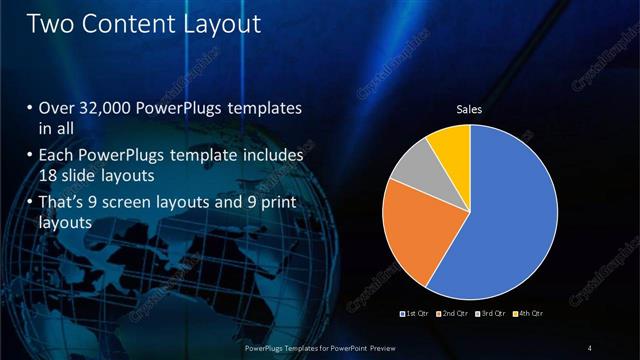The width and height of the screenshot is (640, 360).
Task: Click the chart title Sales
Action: click(x=470, y=110)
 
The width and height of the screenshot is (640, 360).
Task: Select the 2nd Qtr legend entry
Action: click(x=453, y=314)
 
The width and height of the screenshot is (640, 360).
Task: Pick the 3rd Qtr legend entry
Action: click(x=492, y=314)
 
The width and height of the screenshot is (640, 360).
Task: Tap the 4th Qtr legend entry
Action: click(x=529, y=314)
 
